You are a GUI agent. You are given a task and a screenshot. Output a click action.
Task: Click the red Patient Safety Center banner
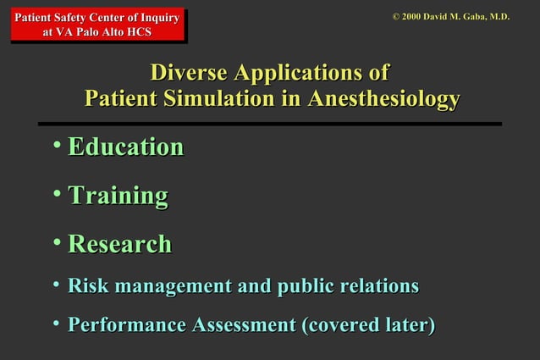pos(98,25)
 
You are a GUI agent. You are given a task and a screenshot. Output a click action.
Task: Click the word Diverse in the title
pos(188,72)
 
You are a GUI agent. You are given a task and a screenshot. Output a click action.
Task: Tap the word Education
pos(125,147)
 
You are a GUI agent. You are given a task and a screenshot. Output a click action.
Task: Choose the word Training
pos(118,196)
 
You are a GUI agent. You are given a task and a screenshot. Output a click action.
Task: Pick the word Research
pos(119,244)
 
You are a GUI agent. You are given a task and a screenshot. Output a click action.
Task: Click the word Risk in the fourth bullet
pos(86,286)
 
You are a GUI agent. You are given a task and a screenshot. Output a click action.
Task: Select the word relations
pos(377,286)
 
